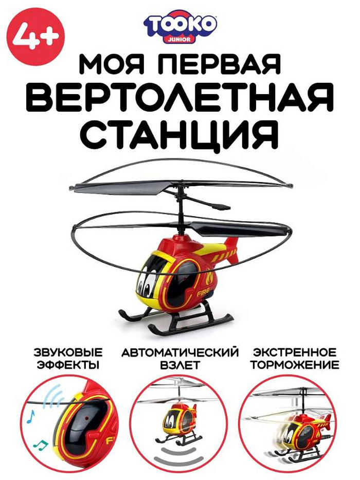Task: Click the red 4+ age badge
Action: [x=37, y=37]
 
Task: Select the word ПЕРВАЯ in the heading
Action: [x=221, y=63]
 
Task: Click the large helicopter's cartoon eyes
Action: [x=146, y=285]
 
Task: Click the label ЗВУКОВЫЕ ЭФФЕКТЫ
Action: [x=68, y=359]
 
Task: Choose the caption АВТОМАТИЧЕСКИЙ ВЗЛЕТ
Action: [x=180, y=359]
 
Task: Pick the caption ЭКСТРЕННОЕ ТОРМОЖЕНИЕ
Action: [x=295, y=359]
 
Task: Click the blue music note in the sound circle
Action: [x=31, y=417]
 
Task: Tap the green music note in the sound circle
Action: [x=41, y=445]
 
